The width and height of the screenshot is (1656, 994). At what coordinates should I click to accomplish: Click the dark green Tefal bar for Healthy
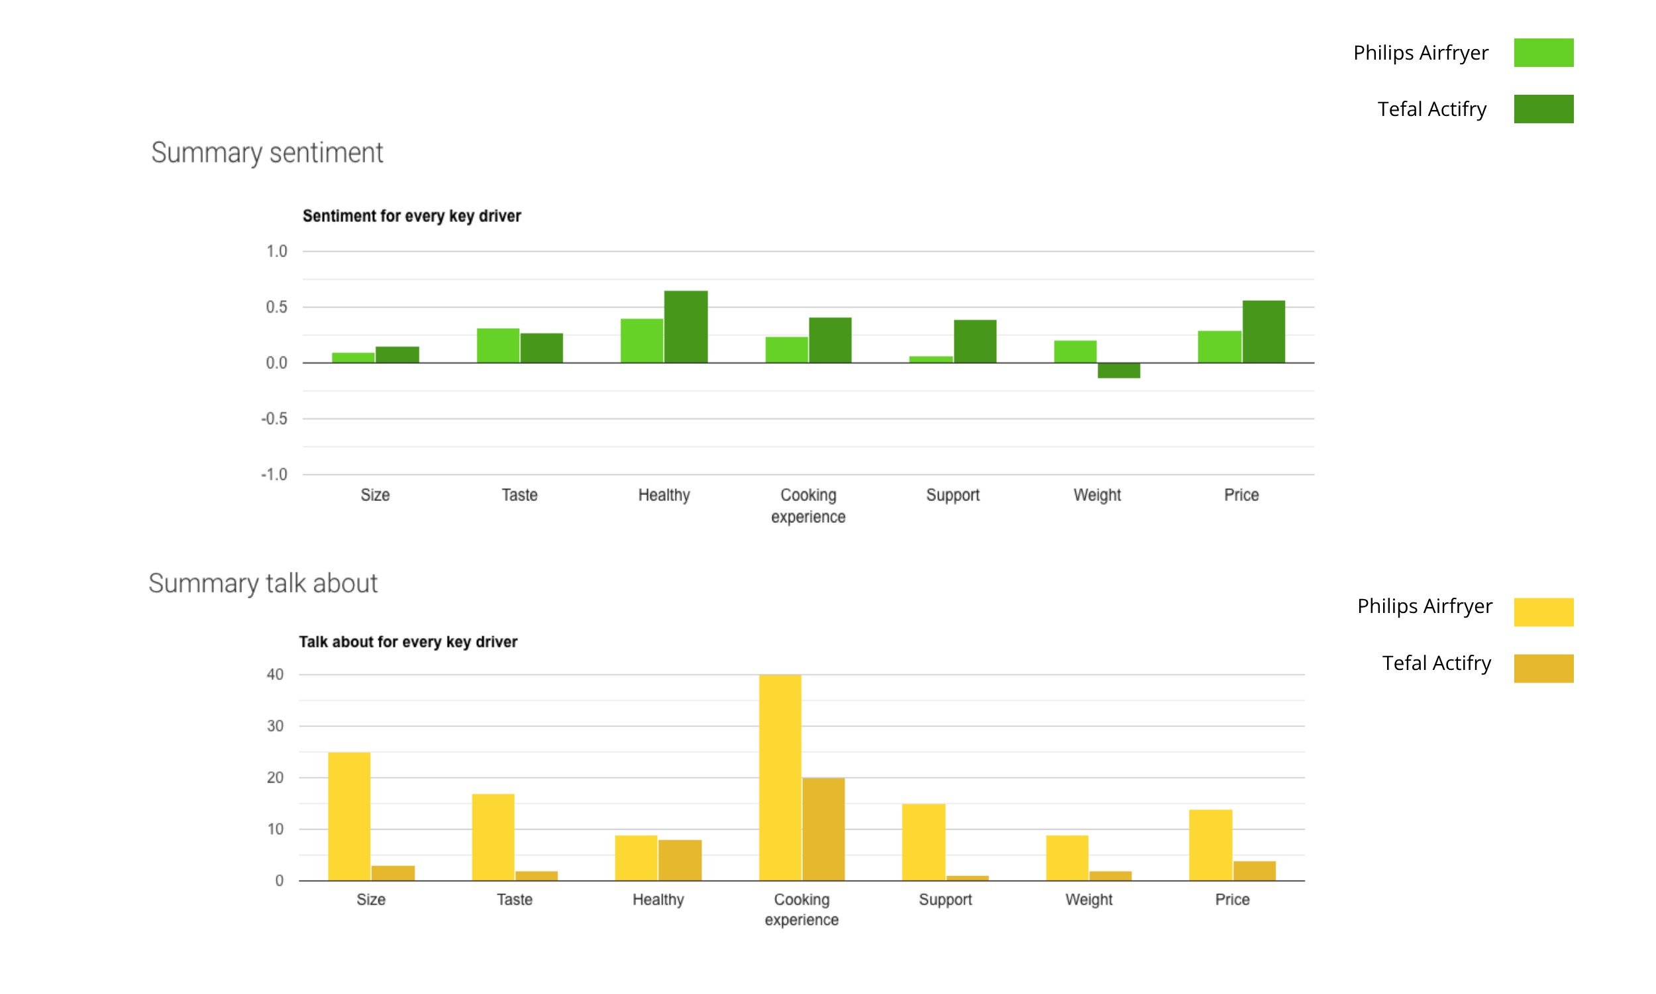point(686,327)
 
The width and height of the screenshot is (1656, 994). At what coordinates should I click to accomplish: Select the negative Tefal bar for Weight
point(1119,370)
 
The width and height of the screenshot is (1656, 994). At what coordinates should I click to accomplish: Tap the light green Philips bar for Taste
point(498,346)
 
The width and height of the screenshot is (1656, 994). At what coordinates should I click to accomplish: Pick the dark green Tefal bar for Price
point(1264,331)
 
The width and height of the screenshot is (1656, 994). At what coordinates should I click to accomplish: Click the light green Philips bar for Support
point(931,360)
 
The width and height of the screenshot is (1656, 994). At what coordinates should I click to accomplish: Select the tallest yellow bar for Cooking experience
point(780,777)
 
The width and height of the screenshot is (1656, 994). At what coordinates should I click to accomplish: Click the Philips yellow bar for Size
point(348,816)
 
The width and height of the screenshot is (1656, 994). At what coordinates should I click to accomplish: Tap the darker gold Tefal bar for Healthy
point(680,860)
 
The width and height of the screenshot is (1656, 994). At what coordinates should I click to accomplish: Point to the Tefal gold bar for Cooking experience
point(823,829)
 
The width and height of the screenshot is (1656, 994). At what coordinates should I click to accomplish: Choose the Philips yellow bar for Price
point(1210,846)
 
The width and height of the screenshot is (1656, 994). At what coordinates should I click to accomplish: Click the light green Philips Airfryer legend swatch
point(1543,53)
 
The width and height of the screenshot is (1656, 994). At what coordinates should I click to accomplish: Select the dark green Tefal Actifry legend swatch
point(1543,109)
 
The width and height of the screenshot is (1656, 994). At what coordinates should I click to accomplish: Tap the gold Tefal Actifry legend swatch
point(1543,669)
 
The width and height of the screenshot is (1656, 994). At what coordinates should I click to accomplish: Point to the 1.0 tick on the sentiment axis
point(276,251)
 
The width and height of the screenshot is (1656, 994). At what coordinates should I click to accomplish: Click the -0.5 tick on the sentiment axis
point(274,419)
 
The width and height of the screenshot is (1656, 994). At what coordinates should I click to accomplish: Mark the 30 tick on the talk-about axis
point(275,726)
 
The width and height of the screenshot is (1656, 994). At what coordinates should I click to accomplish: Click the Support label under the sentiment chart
point(953,495)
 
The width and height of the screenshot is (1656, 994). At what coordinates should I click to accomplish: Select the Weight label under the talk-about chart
point(1089,899)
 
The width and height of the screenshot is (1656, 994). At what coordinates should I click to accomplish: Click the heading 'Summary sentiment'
point(267,152)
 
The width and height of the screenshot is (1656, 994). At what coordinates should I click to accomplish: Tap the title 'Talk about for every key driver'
point(408,641)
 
